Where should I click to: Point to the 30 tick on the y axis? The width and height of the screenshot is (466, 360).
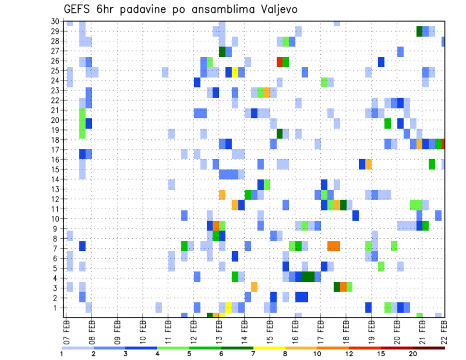[55, 21]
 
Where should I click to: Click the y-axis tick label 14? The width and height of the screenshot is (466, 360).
[55, 179]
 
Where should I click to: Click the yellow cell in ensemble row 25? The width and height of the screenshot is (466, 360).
[235, 72]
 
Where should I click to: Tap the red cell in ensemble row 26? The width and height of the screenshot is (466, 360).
[280, 62]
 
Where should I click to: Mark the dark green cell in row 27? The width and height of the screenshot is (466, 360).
[222, 51]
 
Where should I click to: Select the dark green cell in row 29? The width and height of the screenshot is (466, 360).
[419, 31]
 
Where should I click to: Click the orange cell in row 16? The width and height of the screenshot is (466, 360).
[368, 164]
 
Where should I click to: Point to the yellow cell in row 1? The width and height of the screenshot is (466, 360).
[229, 308]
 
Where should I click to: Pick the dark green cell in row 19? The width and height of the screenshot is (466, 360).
[280, 133]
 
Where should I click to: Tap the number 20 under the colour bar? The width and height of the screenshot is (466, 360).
[413, 354]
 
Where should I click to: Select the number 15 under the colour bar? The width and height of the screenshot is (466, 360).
[381, 354]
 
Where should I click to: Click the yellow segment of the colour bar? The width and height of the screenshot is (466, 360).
[269, 347]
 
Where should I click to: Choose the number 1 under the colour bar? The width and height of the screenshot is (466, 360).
[62, 354]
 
